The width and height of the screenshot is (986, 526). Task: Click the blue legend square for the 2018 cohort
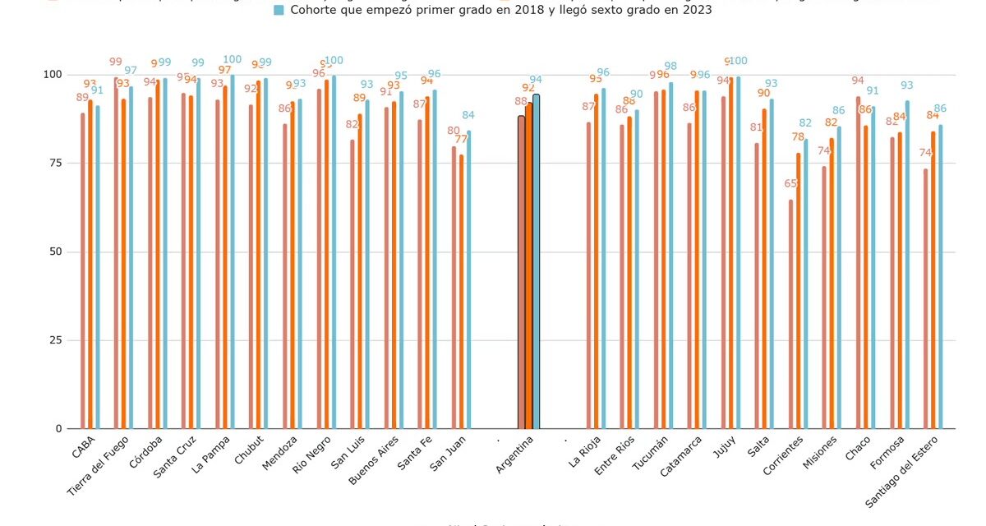pyautogui.click(x=279, y=11)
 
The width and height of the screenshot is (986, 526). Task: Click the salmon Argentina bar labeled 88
pyautogui.click(x=521, y=271)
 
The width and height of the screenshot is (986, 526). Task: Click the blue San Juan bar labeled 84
pyautogui.click(x=468, y=279)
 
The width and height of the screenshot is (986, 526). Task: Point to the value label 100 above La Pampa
pyautogui.click(x=232, y=60)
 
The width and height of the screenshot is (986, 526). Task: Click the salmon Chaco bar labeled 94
pyautogui.click(x=859, y=262)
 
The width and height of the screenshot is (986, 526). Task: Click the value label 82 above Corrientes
pyautogui.click(x=805, y=123)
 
